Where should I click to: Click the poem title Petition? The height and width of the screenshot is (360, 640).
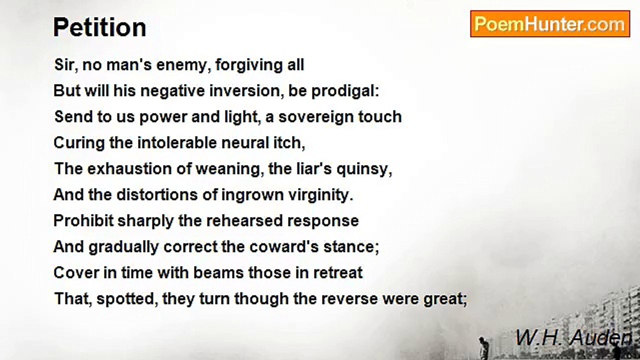99,27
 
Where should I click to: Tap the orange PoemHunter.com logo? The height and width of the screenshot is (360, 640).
550,24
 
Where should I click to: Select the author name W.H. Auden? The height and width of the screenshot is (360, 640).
573,337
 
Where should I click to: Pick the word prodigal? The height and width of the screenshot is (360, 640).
345,91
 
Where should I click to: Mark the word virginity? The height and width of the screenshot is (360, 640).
320,195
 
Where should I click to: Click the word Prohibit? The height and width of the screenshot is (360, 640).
83,221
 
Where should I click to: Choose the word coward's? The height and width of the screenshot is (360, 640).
284,247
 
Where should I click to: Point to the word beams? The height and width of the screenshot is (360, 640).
218,272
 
